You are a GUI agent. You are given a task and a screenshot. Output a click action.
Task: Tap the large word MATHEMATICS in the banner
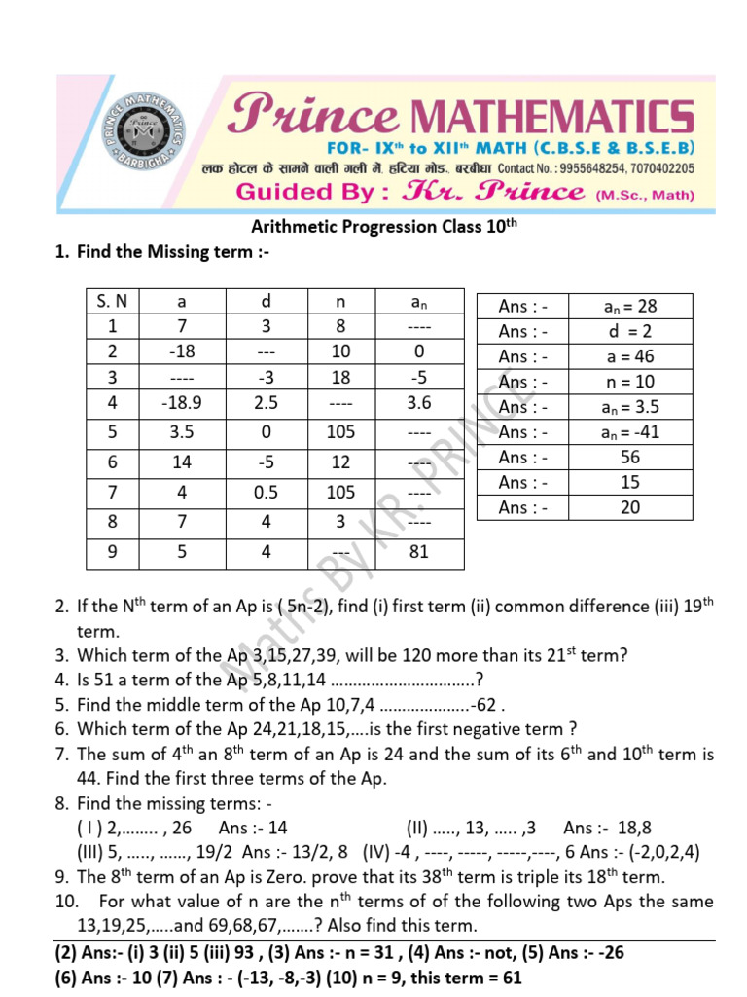coord(549,118)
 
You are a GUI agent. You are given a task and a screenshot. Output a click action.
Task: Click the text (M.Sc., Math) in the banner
coord(644,194)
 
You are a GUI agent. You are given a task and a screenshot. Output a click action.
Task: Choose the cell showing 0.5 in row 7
coord(267,493)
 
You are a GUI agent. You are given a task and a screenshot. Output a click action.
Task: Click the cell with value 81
coord(420,552)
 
